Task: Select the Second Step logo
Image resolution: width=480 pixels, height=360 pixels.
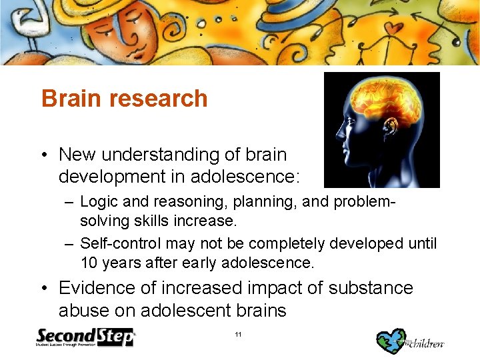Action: (85, 337)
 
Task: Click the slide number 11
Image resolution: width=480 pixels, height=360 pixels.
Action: (239, 335)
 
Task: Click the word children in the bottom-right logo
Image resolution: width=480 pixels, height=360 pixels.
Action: (427, 343)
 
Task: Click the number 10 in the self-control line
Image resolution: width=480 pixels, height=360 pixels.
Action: (89, 263)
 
